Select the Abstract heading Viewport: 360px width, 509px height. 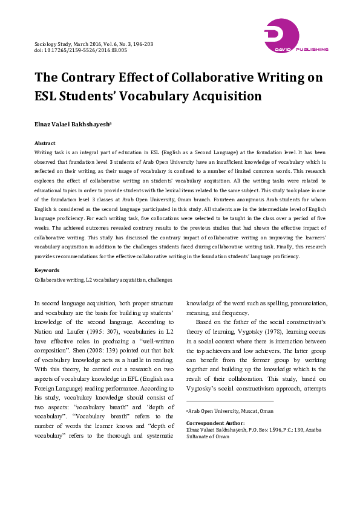tap(45, 143)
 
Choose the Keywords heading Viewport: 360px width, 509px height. tap(47, 270)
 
